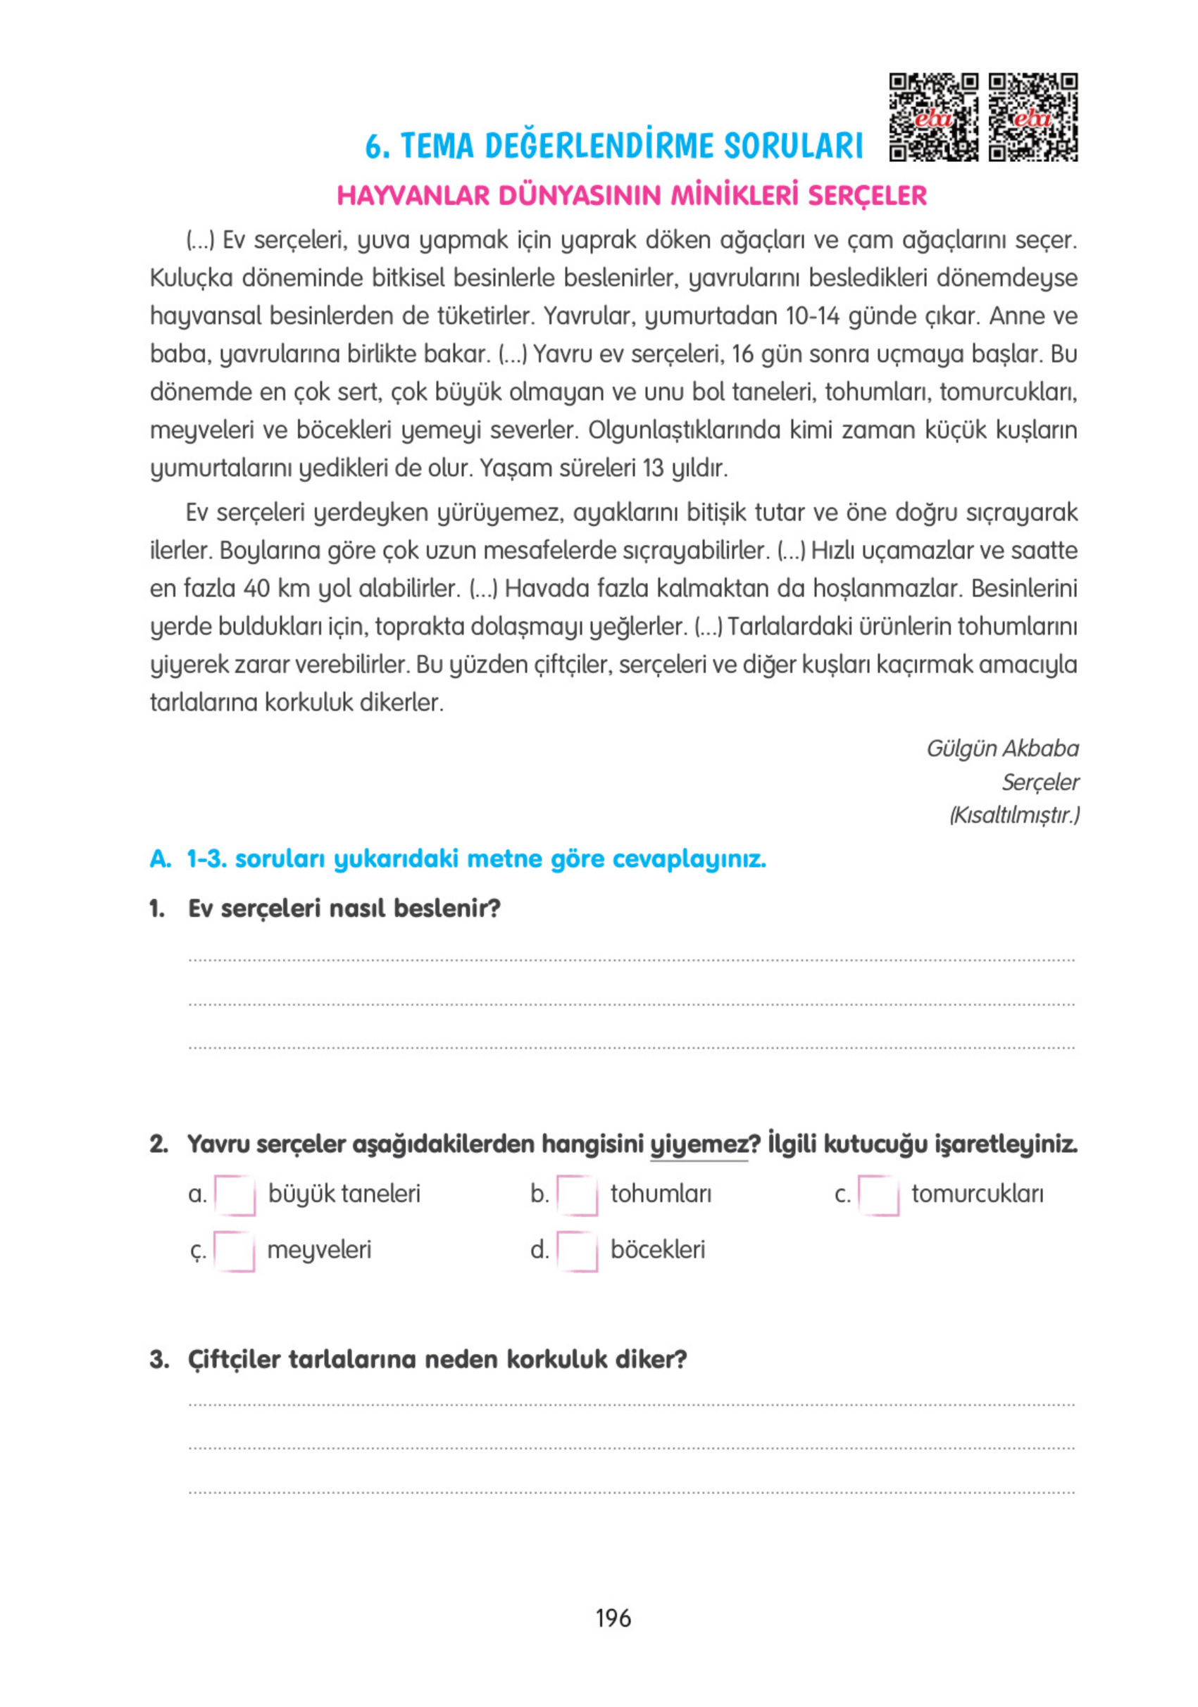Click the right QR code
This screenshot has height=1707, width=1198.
coord(1032,117)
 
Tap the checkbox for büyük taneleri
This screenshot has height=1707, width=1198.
coord(235,1195)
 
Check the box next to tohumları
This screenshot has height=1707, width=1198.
coord(576,1195)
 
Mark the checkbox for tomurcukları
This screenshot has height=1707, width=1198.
coord(878,1195)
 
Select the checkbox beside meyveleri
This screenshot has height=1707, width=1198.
coord(235,1251)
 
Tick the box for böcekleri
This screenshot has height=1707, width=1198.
coord(576,1251)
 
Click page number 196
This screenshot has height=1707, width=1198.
coord(613,1618)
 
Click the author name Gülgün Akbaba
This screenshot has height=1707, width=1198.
coord(1002,748)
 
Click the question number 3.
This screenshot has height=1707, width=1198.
coord(158,1359)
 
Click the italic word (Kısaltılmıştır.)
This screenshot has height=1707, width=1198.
coord(1013,815)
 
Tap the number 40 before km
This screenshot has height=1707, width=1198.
coord(256,588)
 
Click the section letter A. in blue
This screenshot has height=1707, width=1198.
coord(160,858)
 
